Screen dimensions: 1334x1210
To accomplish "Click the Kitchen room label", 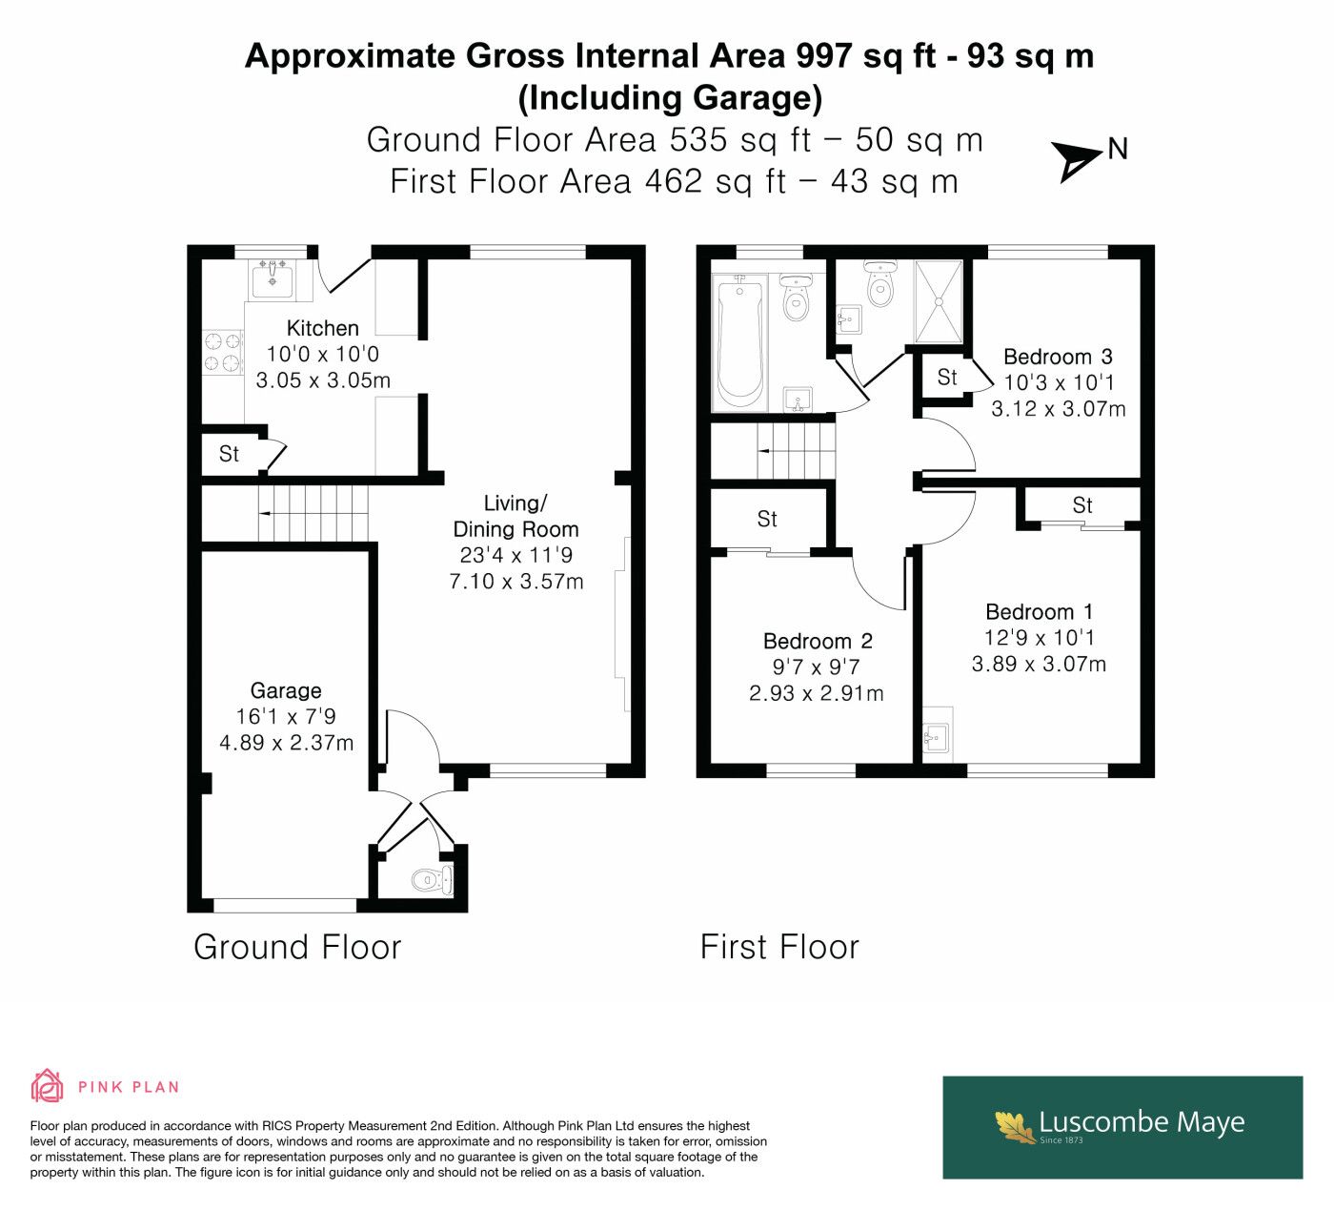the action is click(x=322, y=328).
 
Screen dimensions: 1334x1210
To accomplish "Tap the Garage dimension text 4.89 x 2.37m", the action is click(x=287, y=742).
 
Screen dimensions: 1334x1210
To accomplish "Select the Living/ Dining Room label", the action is click(x=516, y=516).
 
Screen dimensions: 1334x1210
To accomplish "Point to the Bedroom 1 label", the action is click(x=1039, y=611).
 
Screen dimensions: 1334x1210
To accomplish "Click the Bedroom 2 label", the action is click(x=818, y=641).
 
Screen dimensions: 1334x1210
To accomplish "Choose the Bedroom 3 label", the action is click(x=1058, y=357).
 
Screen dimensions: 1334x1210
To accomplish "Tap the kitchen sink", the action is click(x=272, y=278).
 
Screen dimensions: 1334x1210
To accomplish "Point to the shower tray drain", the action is click(x=939, y=301).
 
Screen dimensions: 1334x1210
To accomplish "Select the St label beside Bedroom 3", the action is click(x=947, y=378).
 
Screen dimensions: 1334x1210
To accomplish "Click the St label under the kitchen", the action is click(x=229, y=454).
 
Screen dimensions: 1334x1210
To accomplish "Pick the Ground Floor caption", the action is click(x=297, y=947).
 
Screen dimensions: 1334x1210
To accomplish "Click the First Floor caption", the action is click(x=779, y=947).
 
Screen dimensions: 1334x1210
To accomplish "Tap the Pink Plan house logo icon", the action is click(x=48, y=1085).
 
